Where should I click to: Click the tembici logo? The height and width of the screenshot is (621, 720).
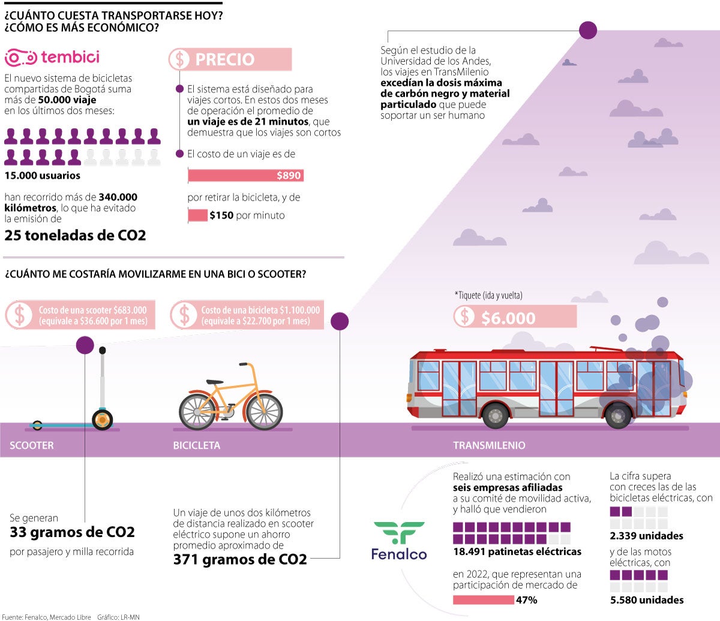point(52,58)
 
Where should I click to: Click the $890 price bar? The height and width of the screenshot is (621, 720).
point(245,176)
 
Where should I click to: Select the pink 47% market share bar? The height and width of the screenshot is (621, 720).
point(483,600)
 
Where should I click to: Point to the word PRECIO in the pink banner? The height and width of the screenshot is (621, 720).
point(225,59)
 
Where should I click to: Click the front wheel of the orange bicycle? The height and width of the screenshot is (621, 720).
point(264,411)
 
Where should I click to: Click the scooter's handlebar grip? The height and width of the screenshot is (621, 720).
point(103,350)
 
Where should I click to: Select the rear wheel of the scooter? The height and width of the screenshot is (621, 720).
point(37,426)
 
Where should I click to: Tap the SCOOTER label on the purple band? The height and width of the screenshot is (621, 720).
point(32,445)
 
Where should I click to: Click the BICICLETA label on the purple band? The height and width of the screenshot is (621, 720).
point(196,445)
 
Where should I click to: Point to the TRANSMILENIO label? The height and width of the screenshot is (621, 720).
point(489,445)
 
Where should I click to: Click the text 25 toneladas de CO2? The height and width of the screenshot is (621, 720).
point(75,235)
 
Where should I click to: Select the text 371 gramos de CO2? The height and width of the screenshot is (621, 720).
point(240,560)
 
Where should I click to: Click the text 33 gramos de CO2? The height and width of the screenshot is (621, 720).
point(72,532)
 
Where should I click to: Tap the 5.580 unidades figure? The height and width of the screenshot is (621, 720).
point(646,600)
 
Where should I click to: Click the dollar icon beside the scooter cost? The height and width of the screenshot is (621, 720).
point(20,315)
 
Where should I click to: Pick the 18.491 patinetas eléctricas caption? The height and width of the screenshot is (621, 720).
point(517,551)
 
